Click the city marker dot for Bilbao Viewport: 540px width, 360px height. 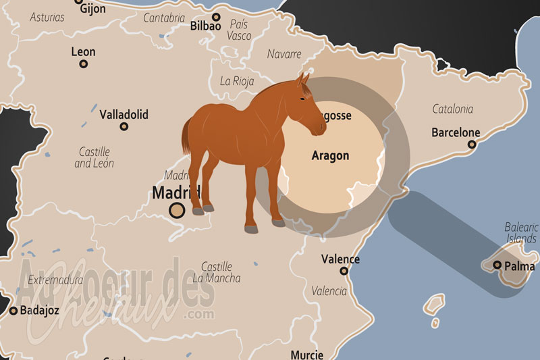click(x=216, y=18)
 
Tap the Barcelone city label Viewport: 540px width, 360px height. click(x=456, y=133)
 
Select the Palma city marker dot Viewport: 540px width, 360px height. click(x=497, y=265)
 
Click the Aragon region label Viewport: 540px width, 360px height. click(x=330, y=156)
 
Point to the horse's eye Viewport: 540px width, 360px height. click(x=304, y=99)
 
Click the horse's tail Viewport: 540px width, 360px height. click(x=186, y=135)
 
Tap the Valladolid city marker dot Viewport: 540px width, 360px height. click(x=124, y=126)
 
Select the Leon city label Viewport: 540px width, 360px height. click(x=83, y=52)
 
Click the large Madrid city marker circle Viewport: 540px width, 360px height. click(x=178, y=210)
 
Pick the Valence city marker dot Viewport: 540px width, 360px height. click(x=344, y=271)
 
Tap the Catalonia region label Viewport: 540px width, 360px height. click(x=452, y=109)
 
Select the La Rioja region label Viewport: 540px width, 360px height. click(x=237, y=81)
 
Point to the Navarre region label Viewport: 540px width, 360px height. click(x=284, y=54)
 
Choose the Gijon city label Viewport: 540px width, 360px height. click(x=92, y=9)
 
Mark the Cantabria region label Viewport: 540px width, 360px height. click(x=163, y=18)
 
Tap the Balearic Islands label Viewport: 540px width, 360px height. click(x=521, y=233)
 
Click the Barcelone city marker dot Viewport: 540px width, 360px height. click(x=472, y=145)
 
